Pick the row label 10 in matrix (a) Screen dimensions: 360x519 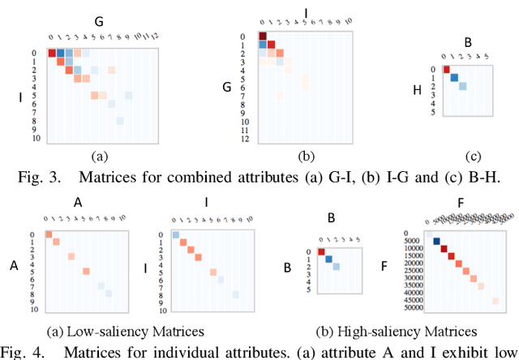point(34,139)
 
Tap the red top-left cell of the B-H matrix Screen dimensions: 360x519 point(445,70)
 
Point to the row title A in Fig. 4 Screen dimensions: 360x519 point(13,264)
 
